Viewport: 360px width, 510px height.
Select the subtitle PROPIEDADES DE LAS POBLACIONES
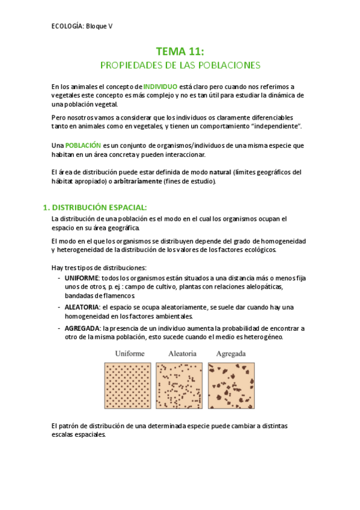point(180,65)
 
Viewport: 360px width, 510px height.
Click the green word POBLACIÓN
point(83,146)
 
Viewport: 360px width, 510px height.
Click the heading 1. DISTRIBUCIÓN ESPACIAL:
point(95,207)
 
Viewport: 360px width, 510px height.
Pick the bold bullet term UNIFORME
point(82,278)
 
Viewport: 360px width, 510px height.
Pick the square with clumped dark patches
point(231,385)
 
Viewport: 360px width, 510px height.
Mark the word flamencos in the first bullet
point(118,296)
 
